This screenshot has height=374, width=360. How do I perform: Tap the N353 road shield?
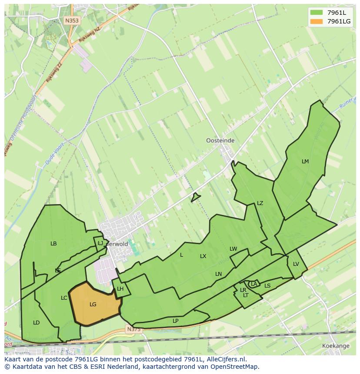[x=72, y=20]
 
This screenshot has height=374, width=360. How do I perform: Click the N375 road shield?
[x=134, y=330]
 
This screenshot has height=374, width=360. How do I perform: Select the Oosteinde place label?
[x=220, y=141]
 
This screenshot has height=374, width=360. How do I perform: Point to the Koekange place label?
[x=336, y=346]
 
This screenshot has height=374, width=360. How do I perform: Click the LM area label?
[x=305, y=162]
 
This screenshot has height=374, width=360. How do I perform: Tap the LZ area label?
[x=260, y=203]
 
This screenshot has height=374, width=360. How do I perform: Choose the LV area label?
[x=296, y=264]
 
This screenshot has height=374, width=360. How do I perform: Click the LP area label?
[x=176, y=321]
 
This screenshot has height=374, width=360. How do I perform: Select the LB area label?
[x=53, y=244]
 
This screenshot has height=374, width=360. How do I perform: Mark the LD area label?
[x=37, y=323]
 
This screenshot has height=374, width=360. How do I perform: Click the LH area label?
[x=120, y=289]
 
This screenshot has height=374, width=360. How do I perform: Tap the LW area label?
[x=233, y=249]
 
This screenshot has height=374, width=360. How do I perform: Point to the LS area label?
[x=267, y=286]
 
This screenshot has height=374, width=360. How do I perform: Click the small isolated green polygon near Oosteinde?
[x=195, y=197]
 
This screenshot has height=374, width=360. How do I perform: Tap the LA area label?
[x=254, y=284]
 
